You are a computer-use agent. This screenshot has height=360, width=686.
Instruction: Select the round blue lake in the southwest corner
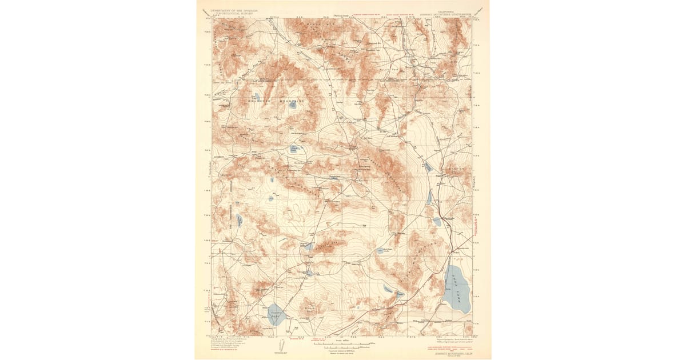click(x=276, y=314)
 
